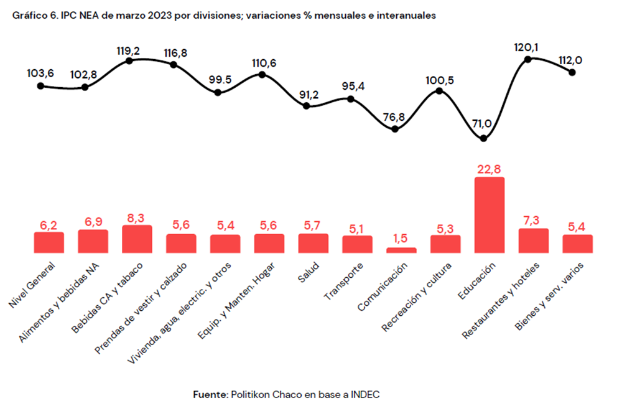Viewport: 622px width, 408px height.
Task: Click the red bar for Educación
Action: coord(490,215)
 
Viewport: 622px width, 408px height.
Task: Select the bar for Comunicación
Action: coord(401,250)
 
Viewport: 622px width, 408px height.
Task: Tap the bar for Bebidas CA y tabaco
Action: coord(137,239)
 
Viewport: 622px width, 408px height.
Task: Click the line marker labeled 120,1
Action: coord(528,59)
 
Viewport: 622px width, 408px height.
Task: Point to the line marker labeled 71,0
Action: coord(484,138)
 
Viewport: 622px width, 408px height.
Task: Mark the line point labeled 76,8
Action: coord(395,129)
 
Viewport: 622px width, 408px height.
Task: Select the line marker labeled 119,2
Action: coord(129,60)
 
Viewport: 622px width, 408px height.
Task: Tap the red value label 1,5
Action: coord(401,239)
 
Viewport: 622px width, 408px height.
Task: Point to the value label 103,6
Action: coord(41,74)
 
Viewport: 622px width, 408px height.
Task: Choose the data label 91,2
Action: coord(306,95)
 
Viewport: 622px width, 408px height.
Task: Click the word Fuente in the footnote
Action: coord(210,394)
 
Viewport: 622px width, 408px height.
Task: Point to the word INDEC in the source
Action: coord(365,394)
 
